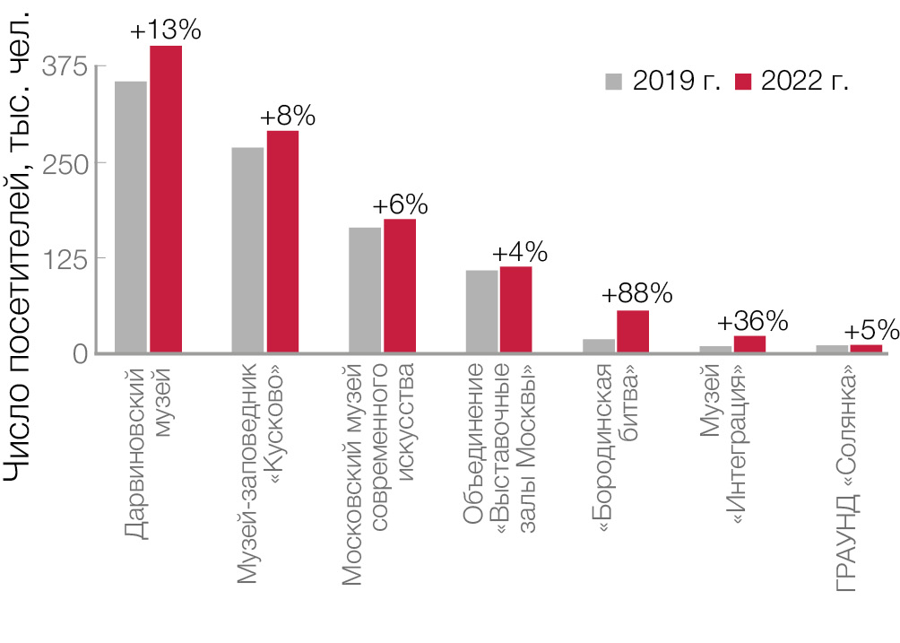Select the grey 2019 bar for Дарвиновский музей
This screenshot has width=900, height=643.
coord(130,216)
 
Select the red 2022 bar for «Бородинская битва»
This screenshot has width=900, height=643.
coord(633,331)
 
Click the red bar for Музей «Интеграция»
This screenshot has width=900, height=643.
coord(749,343)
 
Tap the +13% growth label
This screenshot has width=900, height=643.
coord(166,30)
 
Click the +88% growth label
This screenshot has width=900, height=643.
coord(636,294)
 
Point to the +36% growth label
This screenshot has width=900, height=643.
coord(752,321)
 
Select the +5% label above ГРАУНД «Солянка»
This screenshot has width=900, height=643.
coord(867,329)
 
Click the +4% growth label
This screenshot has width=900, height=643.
coord(519,252)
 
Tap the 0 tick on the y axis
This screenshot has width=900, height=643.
coord(80,353)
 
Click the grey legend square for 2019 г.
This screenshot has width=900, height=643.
coord(614,81)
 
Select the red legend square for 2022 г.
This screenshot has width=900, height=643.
coord(742,81)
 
